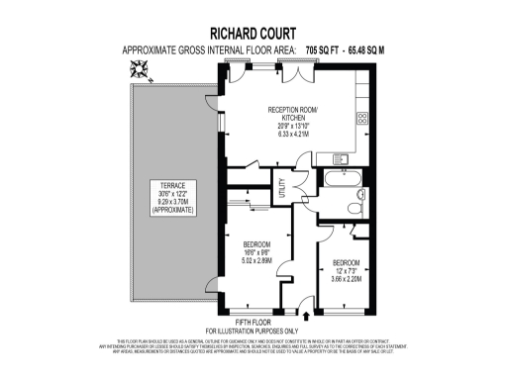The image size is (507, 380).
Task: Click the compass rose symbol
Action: click(x=137, y=68)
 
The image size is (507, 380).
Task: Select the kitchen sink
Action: click(x=343, y=157)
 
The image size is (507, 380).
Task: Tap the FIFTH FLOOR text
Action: click(x=253, y=321)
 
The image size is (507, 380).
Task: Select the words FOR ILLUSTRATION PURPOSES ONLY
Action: click(x=253, y=330)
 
